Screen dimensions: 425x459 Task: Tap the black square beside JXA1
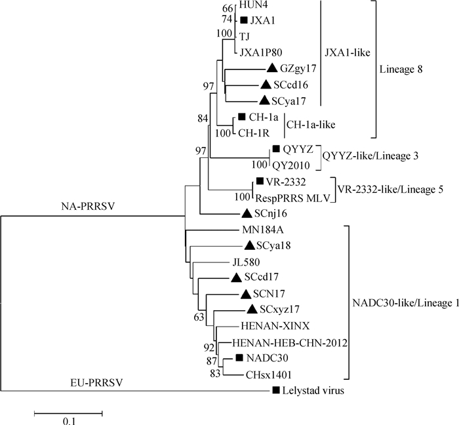coord(244,20)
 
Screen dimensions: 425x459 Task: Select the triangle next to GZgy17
coord(272,68)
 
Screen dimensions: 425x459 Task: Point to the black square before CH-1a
coord(242,118)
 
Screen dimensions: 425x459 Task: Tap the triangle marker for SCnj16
coord(247,212)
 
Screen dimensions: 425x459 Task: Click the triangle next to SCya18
coord(249,245)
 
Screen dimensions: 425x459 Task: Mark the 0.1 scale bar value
coord(69,420)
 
